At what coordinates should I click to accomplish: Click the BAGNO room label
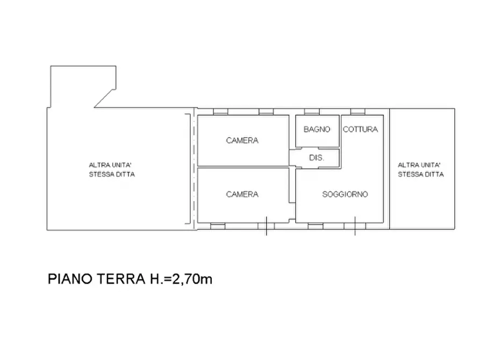pos(317,129)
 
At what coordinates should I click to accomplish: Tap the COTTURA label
pos(360,129)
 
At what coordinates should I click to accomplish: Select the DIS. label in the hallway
pos(316,158)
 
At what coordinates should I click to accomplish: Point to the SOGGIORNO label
pos(345,195)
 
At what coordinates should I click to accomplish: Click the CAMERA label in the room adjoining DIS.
pos(242,140)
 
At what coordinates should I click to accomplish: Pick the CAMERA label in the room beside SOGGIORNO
pos(242,195)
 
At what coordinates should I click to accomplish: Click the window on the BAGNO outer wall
pos(312,112)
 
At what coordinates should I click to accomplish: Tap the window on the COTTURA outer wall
pos(358,112)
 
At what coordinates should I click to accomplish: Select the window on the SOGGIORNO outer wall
pos(316,226)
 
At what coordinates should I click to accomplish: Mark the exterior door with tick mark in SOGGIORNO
pos(354,226)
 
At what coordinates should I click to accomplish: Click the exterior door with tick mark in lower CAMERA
pos(266,226)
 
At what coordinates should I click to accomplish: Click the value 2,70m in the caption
pos(192,279)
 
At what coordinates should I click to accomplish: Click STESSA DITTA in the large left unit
pos(112,175)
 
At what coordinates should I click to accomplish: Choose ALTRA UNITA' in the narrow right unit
pos(419,165)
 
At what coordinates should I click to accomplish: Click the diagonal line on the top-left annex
pos(105,97)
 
